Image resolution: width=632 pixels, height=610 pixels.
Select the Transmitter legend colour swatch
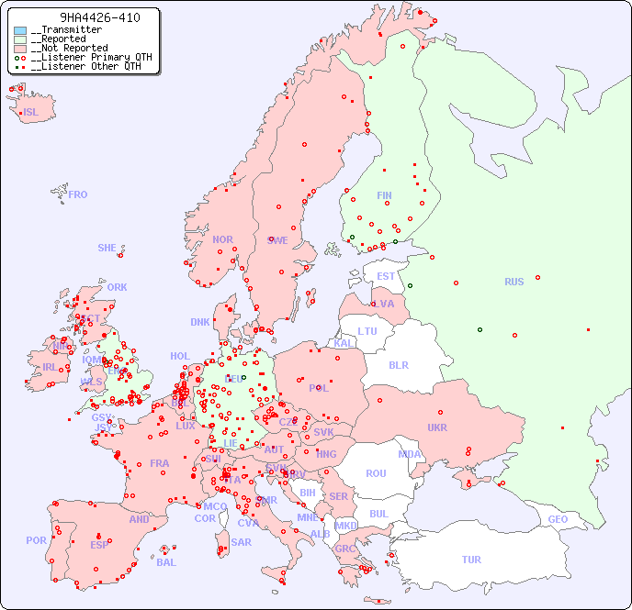coord(20,30)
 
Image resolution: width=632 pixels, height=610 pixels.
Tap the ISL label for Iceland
coord(31,113)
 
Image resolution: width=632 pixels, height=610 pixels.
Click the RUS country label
coord(513,282)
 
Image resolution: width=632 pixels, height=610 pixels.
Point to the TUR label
coord(471,560)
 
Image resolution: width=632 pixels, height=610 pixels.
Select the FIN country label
coord(384,195)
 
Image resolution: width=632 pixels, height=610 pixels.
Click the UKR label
coord(436,427)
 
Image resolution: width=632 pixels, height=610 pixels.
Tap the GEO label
coord(558,519)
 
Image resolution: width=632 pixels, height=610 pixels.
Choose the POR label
coord(36,540)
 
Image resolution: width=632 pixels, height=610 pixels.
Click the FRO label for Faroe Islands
coord(78,194)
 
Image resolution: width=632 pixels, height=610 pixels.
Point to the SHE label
coord(107,248)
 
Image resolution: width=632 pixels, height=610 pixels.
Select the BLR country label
coord(398,364)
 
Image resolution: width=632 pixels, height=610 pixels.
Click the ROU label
coord(376,473)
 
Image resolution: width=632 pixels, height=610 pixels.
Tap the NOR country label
coord(222,239)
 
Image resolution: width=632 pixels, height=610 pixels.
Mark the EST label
coord(386,276)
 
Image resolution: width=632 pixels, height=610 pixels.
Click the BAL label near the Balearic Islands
coord(165,562)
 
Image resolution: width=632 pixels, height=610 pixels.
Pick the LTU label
coord(367,331)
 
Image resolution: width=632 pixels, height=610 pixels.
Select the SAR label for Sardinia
coord(241,542)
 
